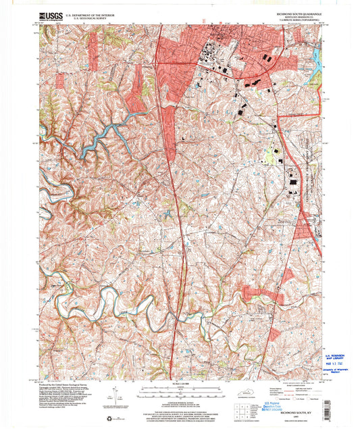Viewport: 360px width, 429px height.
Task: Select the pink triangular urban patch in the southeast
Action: pyautogui.click(x=287, y=276)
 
